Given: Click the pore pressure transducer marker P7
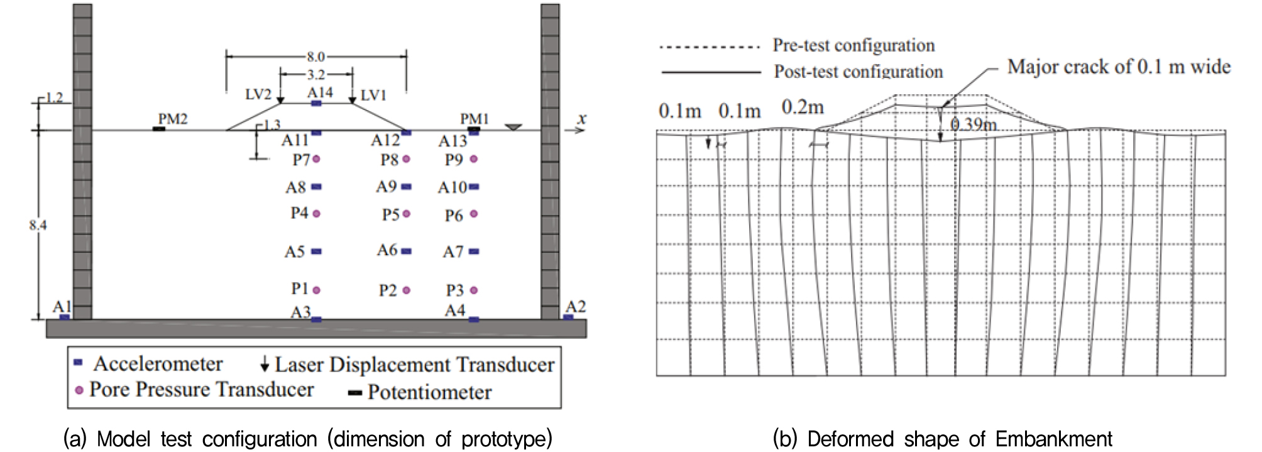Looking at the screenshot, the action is (316, 159).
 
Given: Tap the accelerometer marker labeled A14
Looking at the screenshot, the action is (317, 103).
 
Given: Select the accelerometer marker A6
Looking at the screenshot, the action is (406, 251).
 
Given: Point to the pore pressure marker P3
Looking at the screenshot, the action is (474, 290).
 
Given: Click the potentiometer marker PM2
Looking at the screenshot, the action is (159, 129).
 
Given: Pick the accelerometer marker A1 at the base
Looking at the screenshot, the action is (64, 317).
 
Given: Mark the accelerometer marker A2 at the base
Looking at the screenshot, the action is (568, 317).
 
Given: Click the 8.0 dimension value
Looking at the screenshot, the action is (315, 57).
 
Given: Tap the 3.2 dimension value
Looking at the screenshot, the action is (315, 75).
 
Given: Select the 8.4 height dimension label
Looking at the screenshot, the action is (38, 225).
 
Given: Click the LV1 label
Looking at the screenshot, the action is (373, 95).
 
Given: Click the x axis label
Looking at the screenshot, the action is (581, 118).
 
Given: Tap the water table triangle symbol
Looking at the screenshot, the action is (513, 128).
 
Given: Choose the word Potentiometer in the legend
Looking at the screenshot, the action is (430, 392).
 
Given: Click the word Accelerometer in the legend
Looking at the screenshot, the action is (158, 364).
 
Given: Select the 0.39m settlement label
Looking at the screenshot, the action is (974, 124).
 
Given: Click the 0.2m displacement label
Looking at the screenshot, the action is (803, 107).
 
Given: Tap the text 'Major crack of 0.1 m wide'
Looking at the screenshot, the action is (1119, 67).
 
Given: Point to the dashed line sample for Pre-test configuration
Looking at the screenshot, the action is (710, 47).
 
